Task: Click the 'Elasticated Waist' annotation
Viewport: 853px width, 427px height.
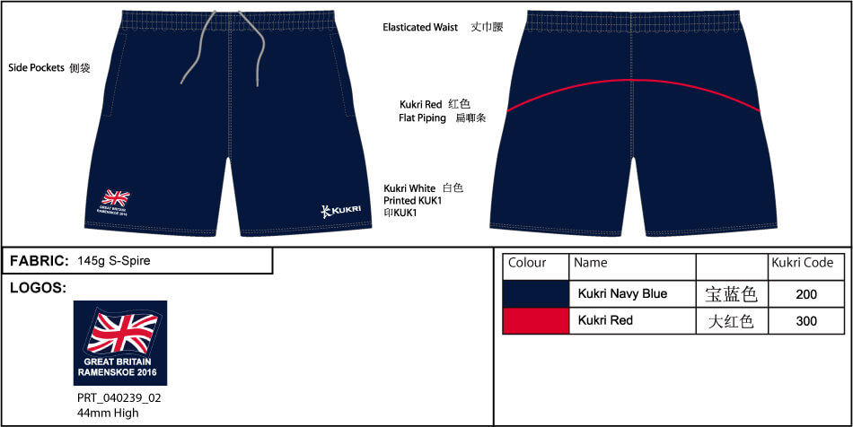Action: click(x=420, y=28)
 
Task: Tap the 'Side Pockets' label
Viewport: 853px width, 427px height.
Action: click(x=38, y=67)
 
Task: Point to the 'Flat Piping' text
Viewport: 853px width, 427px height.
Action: click(x=422, y=118)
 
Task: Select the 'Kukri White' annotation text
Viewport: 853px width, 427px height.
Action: click(x=409, y=187)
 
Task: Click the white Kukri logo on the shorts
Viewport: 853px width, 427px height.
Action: click(x=340, y=210)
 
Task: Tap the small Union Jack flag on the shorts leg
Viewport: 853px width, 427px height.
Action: click(x=115, y=197)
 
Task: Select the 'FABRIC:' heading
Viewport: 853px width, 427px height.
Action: click(x=39, y=261)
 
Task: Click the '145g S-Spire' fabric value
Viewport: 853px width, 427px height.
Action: click(x=114, y=261)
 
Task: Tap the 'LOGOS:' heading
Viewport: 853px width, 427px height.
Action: click(x=38, y=287)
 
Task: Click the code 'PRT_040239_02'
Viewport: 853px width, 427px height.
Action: click(x=119, y=396)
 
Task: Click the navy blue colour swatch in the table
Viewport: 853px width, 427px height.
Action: click(x=535, y=293)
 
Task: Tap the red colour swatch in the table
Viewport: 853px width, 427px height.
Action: click(x=535, y=320)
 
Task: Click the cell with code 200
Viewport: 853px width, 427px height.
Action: click(x=805, y=294)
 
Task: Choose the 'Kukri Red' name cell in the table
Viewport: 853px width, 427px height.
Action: click(x=606, y=320)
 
